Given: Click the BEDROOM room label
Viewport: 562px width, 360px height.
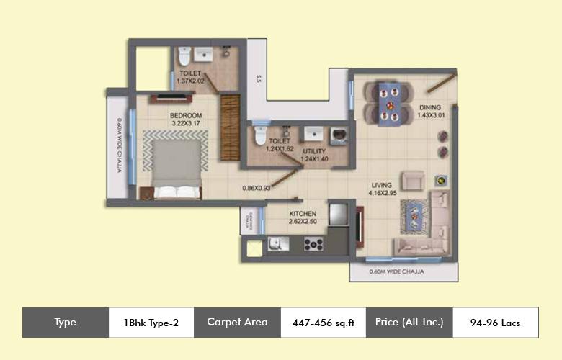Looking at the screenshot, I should [186, 115].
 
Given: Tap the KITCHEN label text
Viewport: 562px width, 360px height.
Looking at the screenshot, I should [303, 214].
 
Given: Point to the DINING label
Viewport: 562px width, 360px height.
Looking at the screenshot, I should [429, 108].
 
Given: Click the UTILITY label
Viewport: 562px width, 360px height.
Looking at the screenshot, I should [314, 150].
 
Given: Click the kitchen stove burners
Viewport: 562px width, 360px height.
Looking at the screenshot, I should [313, 244].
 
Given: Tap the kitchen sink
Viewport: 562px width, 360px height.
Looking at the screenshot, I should [277, 244].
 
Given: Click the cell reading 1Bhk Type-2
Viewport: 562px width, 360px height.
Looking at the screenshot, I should [151, 323].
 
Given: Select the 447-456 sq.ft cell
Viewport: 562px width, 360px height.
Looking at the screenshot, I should [323, 323].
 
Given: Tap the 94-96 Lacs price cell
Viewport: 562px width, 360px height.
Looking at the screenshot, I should [495, 323].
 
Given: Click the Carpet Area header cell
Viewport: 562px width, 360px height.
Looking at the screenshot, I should [237, 323].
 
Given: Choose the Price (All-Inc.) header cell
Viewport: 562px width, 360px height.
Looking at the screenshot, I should [409, 323].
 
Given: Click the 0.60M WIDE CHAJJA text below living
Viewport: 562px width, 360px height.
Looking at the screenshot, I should [396, 272].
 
